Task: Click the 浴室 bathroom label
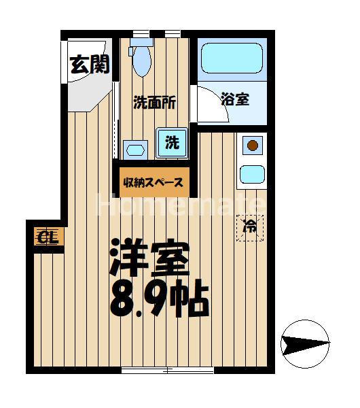(235, 99)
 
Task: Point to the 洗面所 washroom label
(154, 103)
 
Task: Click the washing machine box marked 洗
(173, 143)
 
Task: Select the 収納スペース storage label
(154, 182)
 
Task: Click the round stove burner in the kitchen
(252, 144)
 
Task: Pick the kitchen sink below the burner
(252, 175)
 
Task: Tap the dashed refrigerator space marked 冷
(249, 226)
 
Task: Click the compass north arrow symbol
(305, 343)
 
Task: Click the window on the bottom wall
(167, 371)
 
